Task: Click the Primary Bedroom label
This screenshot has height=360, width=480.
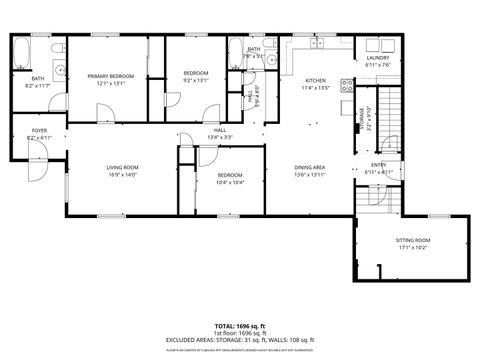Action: [109, 76]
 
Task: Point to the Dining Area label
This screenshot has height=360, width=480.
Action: [309, 167]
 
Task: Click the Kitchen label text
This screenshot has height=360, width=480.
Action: [316, 80]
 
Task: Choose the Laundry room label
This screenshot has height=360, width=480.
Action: [377, 58]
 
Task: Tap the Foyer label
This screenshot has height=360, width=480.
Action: [39, 130]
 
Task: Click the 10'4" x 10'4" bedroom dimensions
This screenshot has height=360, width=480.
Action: [230, 182]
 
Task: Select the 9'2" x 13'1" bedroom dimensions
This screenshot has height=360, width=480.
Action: [196, 81]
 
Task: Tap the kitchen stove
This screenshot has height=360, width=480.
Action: [347, 84]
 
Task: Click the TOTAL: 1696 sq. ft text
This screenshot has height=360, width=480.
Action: [240, 326]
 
